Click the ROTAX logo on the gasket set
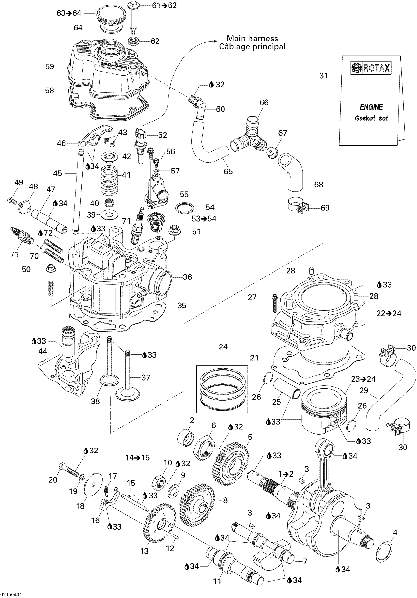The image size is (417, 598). click(371, 68)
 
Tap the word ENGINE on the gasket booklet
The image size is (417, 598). click(371, 107)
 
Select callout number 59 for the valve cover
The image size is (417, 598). click(50, 67)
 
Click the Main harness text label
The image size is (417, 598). click(252, 39)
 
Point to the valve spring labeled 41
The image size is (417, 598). click(109, 181)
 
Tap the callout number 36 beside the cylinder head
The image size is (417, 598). click(187, 277)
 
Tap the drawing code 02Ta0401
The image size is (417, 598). click(11, 595)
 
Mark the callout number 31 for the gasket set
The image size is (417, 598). click(323, 76)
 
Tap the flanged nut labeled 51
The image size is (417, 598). click(174, 230)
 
